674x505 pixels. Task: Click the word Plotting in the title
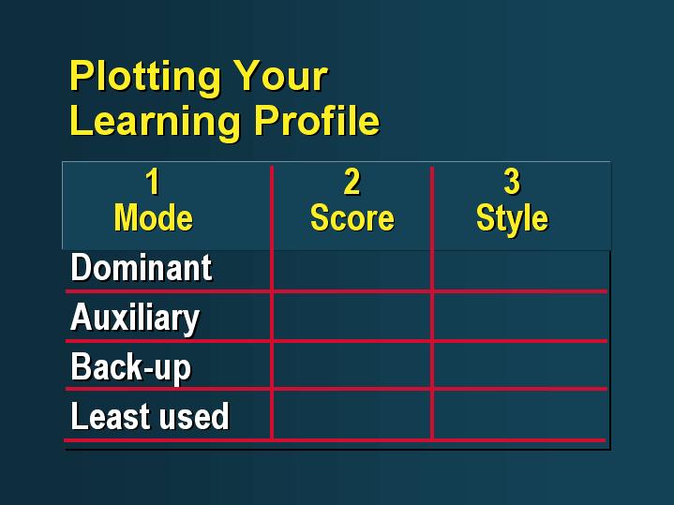(x=145, y=78)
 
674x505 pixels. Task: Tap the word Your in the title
(x=281, y=76)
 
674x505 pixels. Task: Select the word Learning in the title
(x=155, y=122)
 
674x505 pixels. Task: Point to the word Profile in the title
(x=317, y=120)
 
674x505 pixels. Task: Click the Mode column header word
(x=154, y=217)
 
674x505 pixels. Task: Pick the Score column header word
(x=352, y=217)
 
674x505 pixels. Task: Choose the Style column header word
(x=513, y=219)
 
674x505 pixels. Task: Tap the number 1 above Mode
(x=153, y=182)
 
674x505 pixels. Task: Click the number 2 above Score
(x=352, y=182)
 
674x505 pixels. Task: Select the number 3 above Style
(x=512, y=182)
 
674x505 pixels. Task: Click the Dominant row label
(x=142, y=267)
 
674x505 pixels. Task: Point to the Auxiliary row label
(x=135, y=319)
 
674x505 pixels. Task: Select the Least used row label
(x=150, y=416)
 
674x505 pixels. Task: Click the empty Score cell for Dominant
(x=352, y=270)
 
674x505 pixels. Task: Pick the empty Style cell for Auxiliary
(x=520, y=318)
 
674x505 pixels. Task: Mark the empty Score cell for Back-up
(x=352, y=365)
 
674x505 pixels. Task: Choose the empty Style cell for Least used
(x=520, y=415)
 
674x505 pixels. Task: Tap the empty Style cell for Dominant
(x=520, y=270)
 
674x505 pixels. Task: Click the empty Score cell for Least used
(x=352, y=415)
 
